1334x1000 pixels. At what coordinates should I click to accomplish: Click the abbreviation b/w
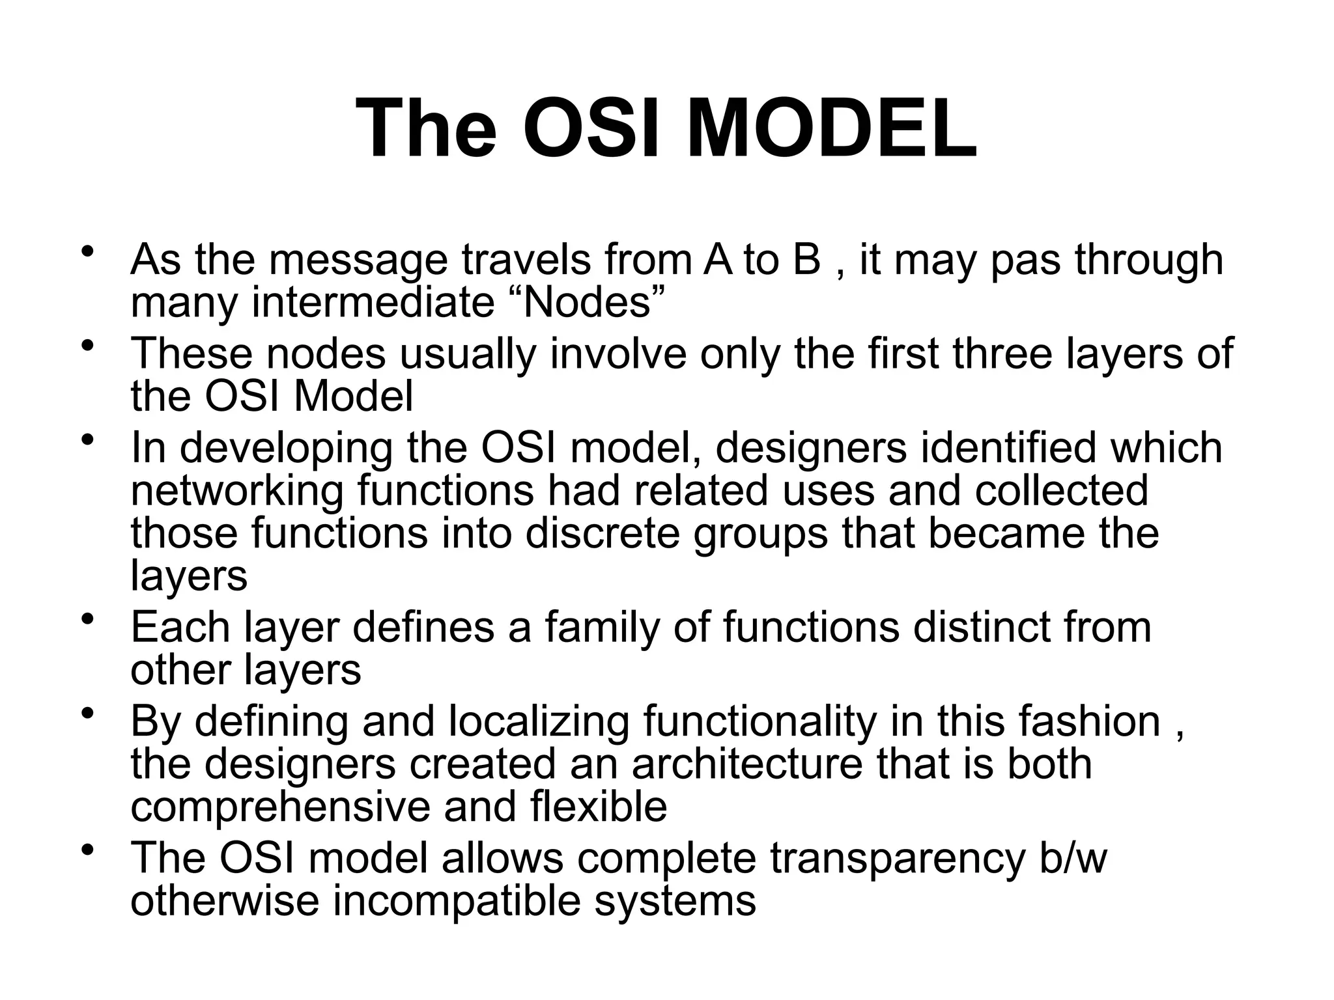[1073, 857]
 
